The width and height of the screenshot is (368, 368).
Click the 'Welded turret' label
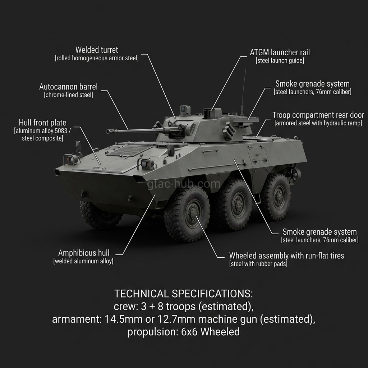pyautogui.click(x=97, y=50)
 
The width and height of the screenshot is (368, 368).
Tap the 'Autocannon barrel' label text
pyautogui.click(x=68, y=87)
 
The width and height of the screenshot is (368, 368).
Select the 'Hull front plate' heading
pyautogui.click(x=42, y=123)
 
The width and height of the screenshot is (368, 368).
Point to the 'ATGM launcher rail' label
pyautogui.click(x=280, y=52)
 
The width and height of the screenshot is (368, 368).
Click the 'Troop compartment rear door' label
pyautogui.click(x=318, y=115)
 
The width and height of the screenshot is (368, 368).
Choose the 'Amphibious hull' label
pyautogui.click(x=84, y=253)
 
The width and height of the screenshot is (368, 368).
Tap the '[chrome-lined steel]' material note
pyautogui.click(x=68, y=95)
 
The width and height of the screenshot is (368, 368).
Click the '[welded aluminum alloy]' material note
pyautogui.click(x=83, y=261)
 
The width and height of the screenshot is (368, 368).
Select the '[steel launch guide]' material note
pyautogui.click(x=280, y=61)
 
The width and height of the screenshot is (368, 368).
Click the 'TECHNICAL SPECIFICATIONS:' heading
pyautogui.click(x=184, y=294)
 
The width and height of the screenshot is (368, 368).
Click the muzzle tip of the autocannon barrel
pyautogui.click(x=108, y=132)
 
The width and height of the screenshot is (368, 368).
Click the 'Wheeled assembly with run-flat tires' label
pyautogui.click(x=286, y=256)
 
